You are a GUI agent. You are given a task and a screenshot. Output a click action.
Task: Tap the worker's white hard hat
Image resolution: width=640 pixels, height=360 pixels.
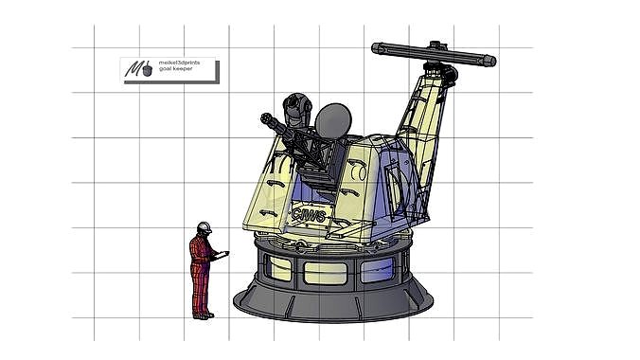click(204, 227)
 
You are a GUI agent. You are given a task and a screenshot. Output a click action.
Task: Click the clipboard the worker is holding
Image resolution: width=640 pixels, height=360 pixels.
click(222, 254)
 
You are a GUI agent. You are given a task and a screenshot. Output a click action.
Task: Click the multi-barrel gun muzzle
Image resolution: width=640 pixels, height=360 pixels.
click(266, 118)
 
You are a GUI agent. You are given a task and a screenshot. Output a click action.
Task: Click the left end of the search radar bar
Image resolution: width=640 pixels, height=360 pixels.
click(377, 46)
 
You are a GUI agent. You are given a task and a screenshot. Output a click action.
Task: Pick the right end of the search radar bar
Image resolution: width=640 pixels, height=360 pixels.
click(489, 61)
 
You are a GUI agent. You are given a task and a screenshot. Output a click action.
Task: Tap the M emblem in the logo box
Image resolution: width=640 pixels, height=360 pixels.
click(140, 70)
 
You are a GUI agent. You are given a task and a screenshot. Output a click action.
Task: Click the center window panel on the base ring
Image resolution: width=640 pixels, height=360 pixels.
click(325, 273)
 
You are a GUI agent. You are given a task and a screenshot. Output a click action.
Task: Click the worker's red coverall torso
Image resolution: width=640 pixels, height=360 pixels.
click(200, 254)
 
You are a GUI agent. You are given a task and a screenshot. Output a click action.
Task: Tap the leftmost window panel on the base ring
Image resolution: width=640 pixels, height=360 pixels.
click(277, 268)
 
